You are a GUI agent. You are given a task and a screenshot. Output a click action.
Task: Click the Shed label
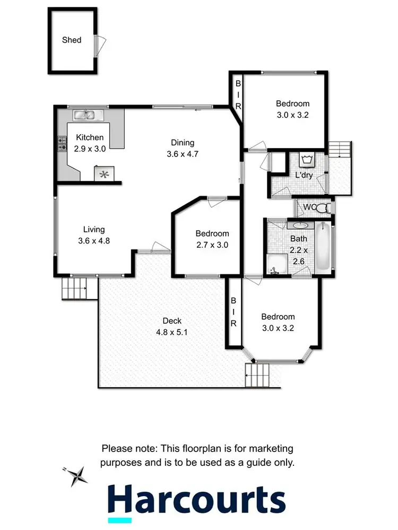pos(72,40)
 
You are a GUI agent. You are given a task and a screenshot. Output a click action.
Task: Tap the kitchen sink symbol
pos(84,115)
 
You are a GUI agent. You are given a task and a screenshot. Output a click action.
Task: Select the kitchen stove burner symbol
pos(62,143)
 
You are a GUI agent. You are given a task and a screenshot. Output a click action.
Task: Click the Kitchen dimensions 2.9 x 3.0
pos(90,149)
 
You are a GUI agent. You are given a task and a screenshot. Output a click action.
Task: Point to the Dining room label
pos(183,142)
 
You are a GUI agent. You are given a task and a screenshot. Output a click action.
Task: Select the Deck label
pos(172,320)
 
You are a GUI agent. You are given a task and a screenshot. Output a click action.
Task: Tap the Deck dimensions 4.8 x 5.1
pos(172,333)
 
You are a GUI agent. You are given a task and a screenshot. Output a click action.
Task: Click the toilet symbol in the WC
pos(323,207)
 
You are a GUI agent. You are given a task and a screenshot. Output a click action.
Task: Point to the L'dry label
pos(304,175)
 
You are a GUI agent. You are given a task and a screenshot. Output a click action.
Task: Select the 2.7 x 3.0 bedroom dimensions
pos(212,245)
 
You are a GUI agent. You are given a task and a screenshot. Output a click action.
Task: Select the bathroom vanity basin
pos(294,225)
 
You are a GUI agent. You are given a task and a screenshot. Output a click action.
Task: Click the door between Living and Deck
pos(158,247)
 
